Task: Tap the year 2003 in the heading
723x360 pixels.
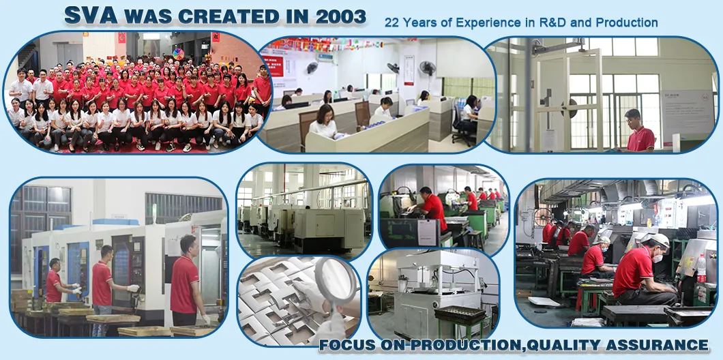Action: tap(339, 16)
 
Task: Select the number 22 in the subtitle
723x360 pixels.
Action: tap(392, 22)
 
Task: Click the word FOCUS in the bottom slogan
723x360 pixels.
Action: tap(347, 344)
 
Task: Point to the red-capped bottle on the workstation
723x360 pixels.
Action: tap(700, 268)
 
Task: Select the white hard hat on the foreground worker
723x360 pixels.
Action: tap(658, 240)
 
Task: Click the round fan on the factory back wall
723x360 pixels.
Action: tap(542, 217)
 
